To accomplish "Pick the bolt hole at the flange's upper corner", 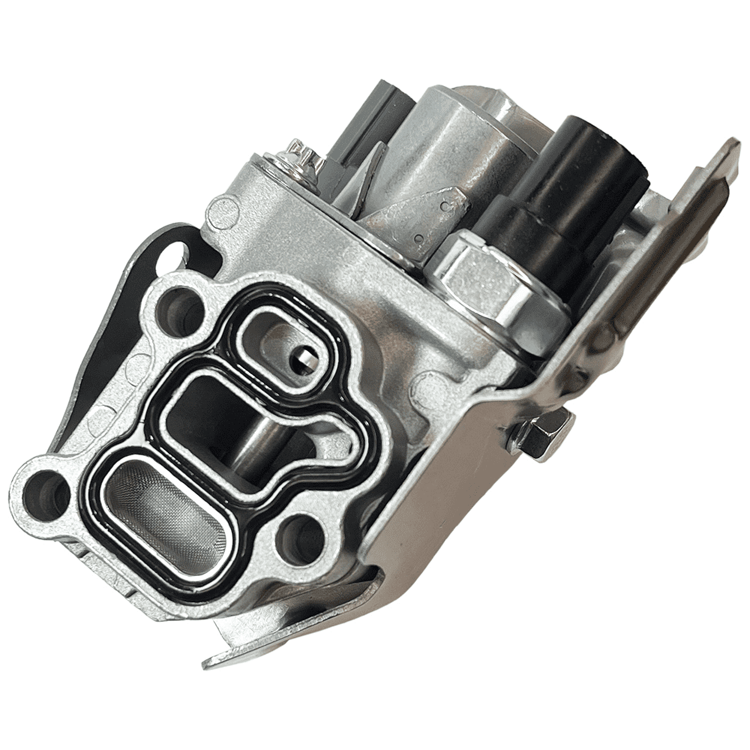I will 180,307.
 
